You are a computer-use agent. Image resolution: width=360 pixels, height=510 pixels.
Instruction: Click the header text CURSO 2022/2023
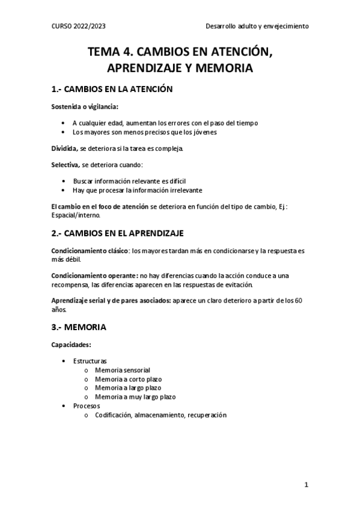tap(79, 26)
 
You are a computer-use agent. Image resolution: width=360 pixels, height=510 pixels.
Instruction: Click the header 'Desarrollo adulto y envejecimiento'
tap(257, 26)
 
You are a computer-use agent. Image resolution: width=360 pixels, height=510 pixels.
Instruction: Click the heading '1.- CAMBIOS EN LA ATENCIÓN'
tap(112, 90)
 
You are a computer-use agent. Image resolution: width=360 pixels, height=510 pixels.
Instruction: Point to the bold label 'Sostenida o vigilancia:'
tap(85, 108)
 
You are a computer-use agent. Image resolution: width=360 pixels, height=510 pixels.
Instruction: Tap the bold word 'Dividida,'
tap(64, 148)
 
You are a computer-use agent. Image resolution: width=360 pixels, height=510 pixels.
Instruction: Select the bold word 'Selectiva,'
tap(66, 164)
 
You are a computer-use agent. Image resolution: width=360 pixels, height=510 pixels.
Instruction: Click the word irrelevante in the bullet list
tap(177, 189)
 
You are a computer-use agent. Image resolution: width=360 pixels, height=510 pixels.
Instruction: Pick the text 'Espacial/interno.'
tap(76, 215)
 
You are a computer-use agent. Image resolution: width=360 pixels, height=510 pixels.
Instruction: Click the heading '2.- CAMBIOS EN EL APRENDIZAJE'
tap(118, 232)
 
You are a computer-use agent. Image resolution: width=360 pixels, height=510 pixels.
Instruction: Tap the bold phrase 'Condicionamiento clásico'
tap(90, 250)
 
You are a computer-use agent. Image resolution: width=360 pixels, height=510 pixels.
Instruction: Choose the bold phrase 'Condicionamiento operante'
tap(93, 275)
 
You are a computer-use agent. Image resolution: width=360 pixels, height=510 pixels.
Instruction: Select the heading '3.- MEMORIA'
tap(79, 328)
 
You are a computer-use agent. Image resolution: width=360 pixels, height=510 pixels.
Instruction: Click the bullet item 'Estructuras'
tap(90, 361)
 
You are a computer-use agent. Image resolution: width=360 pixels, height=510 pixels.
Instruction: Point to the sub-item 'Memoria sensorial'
tap(122, 370)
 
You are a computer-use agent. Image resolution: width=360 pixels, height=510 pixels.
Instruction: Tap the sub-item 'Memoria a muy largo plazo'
tap(135, 397)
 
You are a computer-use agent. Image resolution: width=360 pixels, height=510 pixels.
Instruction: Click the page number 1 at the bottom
tap(306, 484)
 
